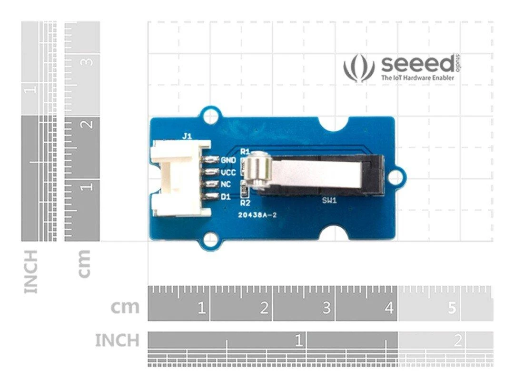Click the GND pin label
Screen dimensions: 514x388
[x=228, y=160]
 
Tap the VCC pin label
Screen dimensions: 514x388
[x=228, y=173]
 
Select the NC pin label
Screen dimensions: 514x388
[x=226, y=184]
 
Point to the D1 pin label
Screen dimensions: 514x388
[x=226, y=197]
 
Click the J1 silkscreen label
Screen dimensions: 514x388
[x=187, y=136]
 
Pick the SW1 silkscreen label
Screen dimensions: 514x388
[x=329, y=200]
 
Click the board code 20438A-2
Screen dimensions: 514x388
[x=258, y=215]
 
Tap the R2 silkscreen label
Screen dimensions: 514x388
[x=245, y=203]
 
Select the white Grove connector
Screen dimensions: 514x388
[x=180, y=178]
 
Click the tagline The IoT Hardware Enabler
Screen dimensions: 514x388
[x=418, y=78]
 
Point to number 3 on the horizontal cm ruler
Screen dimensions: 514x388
[x=326, y=308]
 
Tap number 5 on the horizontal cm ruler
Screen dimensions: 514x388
[x=452, y=308]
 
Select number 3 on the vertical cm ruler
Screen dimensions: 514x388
[x=89, y=61]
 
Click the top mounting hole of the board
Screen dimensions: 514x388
[x=211, y=116]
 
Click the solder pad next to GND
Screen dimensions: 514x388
[x=211, y=160]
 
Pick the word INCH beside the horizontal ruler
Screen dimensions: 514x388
[x=117, y=340]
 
